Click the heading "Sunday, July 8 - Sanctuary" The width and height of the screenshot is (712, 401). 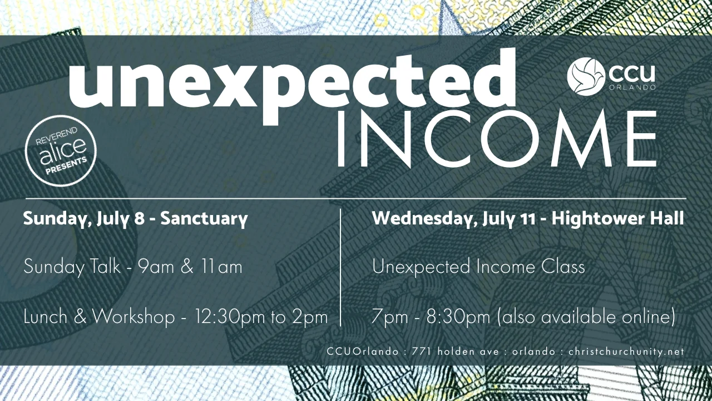point(135,218)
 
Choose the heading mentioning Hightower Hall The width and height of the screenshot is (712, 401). point(528,218)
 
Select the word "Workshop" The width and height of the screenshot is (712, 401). point(133,317)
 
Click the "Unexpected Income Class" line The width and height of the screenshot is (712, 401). point(478,267)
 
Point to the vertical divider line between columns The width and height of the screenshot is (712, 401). point(340,267)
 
